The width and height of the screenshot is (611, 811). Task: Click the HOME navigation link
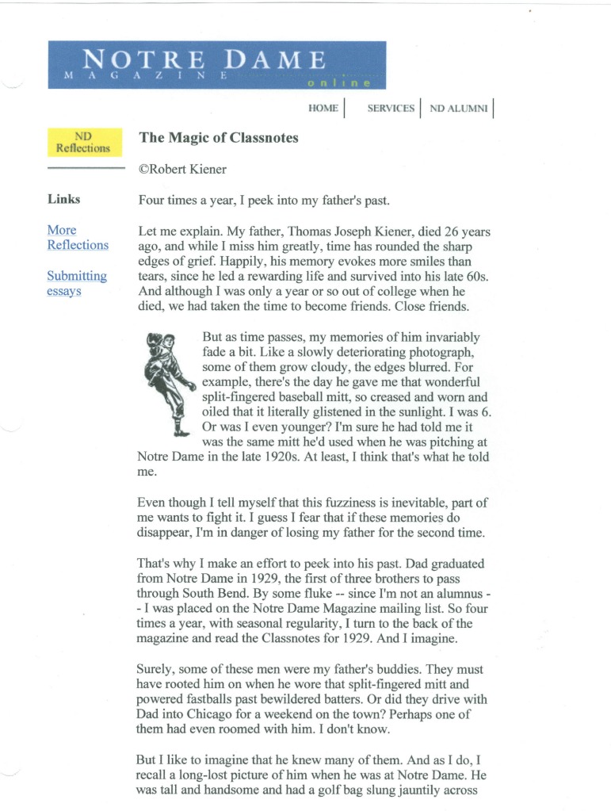tap(323, 109)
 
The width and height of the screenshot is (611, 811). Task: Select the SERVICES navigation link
tap(391, 109)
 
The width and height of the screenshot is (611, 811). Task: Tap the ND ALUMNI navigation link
tap(458, 109)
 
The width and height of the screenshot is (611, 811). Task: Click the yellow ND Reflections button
tap(83, 142)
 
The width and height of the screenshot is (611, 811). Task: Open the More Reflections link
tap(77, 237)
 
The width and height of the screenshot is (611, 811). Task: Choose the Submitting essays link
tap(76, 283)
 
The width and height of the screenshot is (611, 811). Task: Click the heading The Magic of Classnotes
tap(219, 137)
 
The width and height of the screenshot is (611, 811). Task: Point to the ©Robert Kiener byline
tap(182, 169)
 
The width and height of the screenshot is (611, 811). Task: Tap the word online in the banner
tap(343, 82)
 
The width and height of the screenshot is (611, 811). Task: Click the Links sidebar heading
tap(63, 199)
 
